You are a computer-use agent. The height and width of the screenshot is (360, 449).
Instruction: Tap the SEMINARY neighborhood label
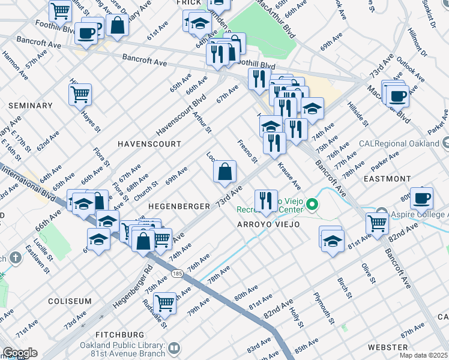(x=31, y=106)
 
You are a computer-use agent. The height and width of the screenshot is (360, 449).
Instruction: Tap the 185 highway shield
(x=177, y=273)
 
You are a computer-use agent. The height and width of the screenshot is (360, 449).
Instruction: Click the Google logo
(x=19, y=353)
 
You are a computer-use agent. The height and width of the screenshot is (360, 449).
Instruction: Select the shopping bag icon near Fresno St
(x=224, y=173)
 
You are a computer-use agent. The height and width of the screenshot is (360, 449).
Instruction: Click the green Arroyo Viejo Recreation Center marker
(x=312, y=206)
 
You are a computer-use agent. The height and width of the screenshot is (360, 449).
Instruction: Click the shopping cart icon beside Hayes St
(x=80, y=94)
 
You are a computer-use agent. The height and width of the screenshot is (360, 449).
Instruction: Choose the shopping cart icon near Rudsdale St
(x=164, y=303)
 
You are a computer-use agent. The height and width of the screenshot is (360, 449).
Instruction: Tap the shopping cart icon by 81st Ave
(x=377, y=224)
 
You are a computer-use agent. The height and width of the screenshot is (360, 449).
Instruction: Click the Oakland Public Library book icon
(x=174, y=348)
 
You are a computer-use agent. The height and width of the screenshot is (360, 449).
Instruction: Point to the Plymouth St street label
(x=322, y=308)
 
